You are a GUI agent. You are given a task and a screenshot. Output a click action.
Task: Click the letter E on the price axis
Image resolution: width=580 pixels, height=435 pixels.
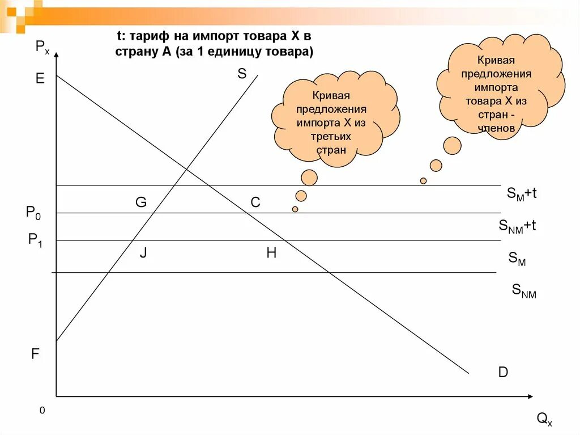(40, 79)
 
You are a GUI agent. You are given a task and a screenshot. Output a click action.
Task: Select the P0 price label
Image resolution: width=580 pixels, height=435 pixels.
(33, 213)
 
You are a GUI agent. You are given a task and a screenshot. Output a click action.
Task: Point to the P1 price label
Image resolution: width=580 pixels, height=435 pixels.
(36, 240)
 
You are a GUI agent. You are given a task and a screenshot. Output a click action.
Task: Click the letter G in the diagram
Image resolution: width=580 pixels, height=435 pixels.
(140, 202)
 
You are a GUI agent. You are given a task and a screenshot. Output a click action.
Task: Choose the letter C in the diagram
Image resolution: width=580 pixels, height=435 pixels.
(255, 202)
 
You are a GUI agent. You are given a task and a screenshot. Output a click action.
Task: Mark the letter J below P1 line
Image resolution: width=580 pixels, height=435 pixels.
(143, 253)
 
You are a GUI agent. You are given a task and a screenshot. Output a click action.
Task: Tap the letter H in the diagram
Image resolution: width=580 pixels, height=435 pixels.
(271, 253)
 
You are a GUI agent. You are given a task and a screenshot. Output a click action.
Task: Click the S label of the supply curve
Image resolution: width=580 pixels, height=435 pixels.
(242, 73)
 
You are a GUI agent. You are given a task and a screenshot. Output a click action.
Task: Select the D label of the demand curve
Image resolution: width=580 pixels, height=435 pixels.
(503, 373)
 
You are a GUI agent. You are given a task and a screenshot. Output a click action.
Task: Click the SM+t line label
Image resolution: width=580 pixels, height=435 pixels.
(521, 194)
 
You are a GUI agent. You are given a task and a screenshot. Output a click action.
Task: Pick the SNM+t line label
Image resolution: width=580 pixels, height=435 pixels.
(517, 226)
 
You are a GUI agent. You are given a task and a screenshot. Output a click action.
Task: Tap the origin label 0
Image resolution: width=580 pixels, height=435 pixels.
(42, 410)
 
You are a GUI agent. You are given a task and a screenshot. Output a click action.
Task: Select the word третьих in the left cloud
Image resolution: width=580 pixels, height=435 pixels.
(330, 136)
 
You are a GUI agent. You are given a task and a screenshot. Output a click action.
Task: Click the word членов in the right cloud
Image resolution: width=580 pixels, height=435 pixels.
(496, 128)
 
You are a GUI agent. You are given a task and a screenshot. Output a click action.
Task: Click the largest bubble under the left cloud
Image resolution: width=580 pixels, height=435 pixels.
(309, 178)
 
